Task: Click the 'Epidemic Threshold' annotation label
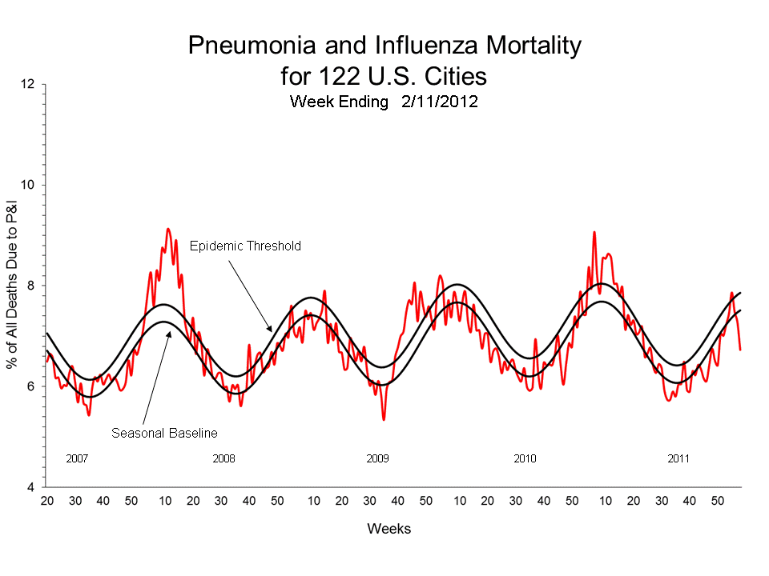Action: [x=245, y=246]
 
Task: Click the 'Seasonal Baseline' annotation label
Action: [x=164, y=433]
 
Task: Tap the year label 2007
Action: [x=77, y=459]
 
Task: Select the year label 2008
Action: [x=223, y=459]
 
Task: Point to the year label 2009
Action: [x=377, y=459]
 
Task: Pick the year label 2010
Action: [x=525, y=459]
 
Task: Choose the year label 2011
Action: [x=678, y=459]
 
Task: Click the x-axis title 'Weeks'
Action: [x=389, y=529]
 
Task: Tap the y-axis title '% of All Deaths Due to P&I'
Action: [x=13, y=286]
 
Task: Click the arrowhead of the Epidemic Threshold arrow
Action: [x=272, y=330]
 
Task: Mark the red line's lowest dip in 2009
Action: [x=384, y=419]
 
